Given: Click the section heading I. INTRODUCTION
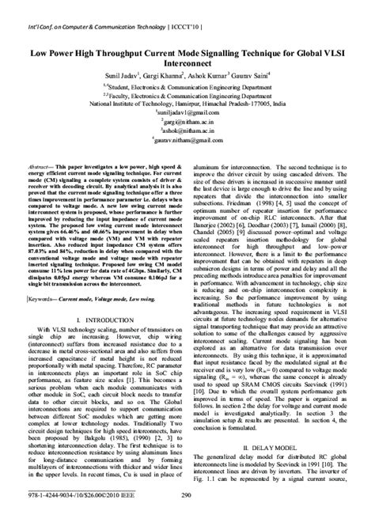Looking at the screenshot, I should pos(100,318).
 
